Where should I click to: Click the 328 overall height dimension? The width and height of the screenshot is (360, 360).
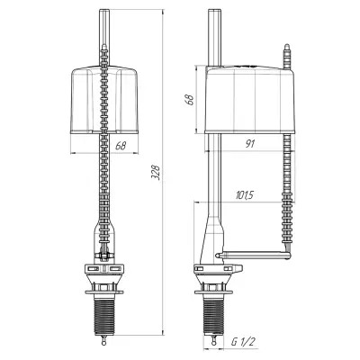click(x=156, y=172)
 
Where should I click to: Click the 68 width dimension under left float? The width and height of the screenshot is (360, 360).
click(x=121, y=146)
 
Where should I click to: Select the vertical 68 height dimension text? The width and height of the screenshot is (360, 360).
click(x=189, y=99)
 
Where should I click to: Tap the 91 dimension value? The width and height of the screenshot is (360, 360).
click(x=249, y=144)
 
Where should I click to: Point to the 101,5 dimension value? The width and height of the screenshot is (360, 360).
click(x=245, y=195)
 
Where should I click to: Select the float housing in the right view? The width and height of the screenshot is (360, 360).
click(x=249, y=99)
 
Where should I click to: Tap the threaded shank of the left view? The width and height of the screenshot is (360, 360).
click(x=104, y=311)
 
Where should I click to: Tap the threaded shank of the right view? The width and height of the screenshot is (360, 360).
click(x=213, y=311)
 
